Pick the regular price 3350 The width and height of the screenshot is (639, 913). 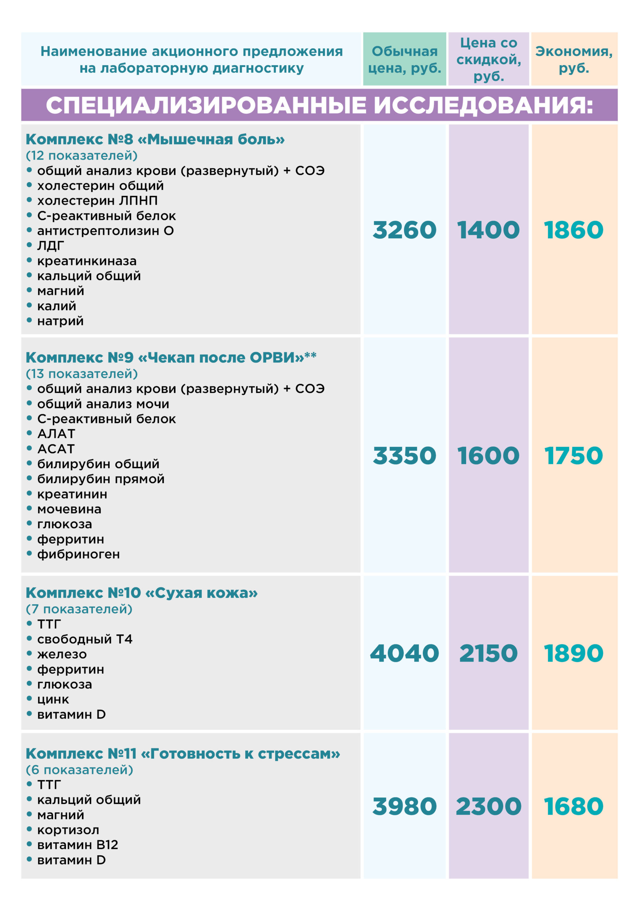tap(404, 455)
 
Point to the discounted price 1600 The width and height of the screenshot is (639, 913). tap(488, 455)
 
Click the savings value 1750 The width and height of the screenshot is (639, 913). tap(573, 455)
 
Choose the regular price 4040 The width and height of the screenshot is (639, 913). tap(404, 653)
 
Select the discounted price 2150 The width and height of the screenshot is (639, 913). tap(488, 653)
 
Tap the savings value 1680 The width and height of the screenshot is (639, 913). tap(573, 806)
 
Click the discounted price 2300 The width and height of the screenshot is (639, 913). tap(488, 806)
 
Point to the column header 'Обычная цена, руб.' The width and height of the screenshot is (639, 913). tap(404, 60)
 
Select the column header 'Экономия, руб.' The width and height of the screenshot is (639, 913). tap(574, 60)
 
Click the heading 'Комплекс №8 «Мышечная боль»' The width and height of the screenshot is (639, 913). tap(155, 139)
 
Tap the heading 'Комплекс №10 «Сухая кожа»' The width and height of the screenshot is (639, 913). tap(142, 592)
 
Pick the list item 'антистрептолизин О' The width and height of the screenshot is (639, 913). tap(106, 231)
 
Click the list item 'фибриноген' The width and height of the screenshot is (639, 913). tap(78, 554)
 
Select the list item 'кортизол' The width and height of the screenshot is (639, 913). tap(68, 830)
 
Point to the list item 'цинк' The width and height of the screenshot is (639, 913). tap(53, 699)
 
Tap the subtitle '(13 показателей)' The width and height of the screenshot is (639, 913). tap(82, 374)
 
